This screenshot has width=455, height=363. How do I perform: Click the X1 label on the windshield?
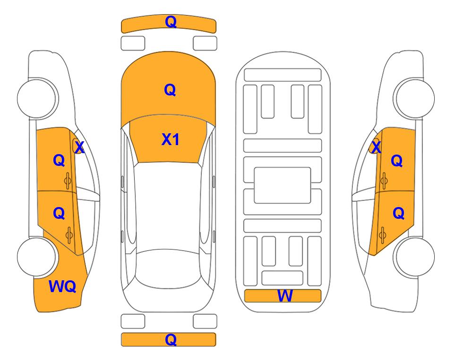[x=171, y=139]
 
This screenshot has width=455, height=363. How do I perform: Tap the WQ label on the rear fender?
[x=62, y=286]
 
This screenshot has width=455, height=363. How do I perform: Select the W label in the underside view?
[x=285, y=295]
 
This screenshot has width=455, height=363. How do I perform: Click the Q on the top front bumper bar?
[x=171, y=22]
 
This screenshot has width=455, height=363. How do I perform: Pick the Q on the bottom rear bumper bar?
[x=171, y=339]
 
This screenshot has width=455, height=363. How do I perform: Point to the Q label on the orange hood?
[x=170, y=90]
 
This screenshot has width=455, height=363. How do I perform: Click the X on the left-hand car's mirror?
[x=79, y=147]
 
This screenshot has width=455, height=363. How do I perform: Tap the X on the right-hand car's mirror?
[x=376, y=147]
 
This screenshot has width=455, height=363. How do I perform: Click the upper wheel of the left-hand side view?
[x=37, y=98]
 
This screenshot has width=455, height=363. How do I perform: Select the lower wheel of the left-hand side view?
[x=37, y=257]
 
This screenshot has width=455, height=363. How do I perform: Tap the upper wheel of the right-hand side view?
[x=415, y=98]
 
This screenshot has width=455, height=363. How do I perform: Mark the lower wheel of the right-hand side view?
[x=415, y=257]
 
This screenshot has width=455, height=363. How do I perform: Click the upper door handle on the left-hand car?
[x=68, y=181]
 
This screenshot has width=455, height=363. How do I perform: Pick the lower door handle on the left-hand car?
[x=69, y=235]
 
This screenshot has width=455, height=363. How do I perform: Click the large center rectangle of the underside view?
[x=283, y=185]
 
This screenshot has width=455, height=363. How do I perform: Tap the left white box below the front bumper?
[x=133, y=43]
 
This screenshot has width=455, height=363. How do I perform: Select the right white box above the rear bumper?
[x=205, y=321]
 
